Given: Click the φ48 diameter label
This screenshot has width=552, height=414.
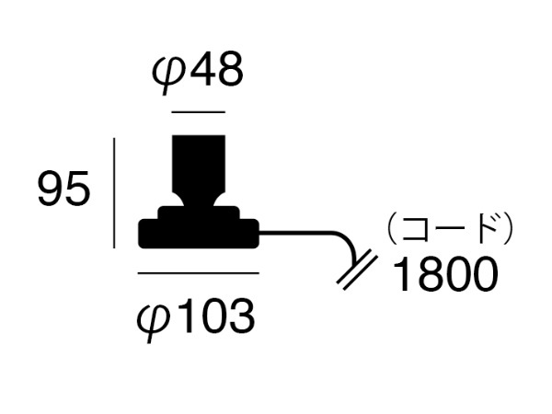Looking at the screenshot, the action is [197, 73].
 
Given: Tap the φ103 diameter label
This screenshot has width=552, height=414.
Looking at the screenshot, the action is [196, 319].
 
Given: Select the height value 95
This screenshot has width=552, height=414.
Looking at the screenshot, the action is [63, 189].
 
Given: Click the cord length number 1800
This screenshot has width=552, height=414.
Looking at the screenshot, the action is [445, 273].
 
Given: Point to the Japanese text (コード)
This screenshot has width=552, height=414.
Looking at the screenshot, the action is [450, 228].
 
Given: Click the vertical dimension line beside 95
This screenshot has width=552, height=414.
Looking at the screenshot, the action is [114, 193].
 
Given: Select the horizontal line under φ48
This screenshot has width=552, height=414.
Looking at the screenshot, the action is [199, 112].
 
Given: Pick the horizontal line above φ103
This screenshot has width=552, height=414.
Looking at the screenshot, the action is [199, 273].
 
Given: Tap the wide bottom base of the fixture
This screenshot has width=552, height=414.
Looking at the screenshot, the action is [199, 234].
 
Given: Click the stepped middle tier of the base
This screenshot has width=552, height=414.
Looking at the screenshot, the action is [199, 213].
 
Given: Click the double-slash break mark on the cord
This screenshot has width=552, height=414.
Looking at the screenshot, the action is [357, 270].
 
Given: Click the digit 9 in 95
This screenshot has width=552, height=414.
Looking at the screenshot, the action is [51, 189].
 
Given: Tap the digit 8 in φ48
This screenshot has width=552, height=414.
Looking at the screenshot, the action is [229, 69].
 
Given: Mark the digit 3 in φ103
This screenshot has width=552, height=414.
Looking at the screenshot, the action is [242, 316].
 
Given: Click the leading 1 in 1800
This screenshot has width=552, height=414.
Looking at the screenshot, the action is [401, 273].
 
